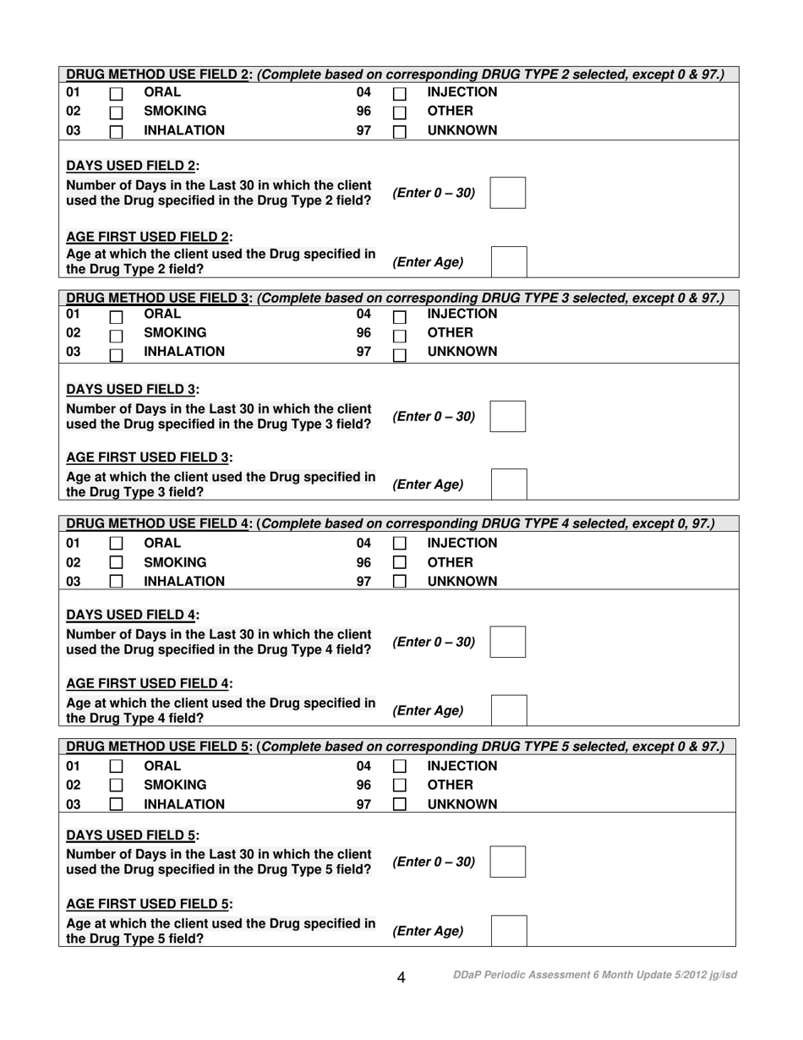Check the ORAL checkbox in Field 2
[x=117, y=94]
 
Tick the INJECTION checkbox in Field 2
[x=400, y=94]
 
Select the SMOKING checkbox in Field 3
[x=117, y=335]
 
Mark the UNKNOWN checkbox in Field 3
[x=400, y=354]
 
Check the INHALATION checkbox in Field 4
[x=117, y=582]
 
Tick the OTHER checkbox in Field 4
[x=400, y=562]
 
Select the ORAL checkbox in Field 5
[x=117, y=766]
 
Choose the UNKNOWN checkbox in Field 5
[x=400, y=804]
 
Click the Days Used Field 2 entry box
[x=508, y=193]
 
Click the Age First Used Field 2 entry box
[x=509, y=262]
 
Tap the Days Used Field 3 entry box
[x=508, y=417]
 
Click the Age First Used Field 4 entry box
[x=509, y=710]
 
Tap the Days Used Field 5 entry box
[x=508, y=862]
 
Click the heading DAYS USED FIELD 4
[x=133, y=615]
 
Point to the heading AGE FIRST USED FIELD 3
[x=150, y=457]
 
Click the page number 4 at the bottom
[x=401, y=977]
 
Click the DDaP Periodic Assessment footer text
[x=594, y=975]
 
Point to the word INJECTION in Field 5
[x=462, y=766]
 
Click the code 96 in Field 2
[x=363, y=111]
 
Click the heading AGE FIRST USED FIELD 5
[x=150, y=904]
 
